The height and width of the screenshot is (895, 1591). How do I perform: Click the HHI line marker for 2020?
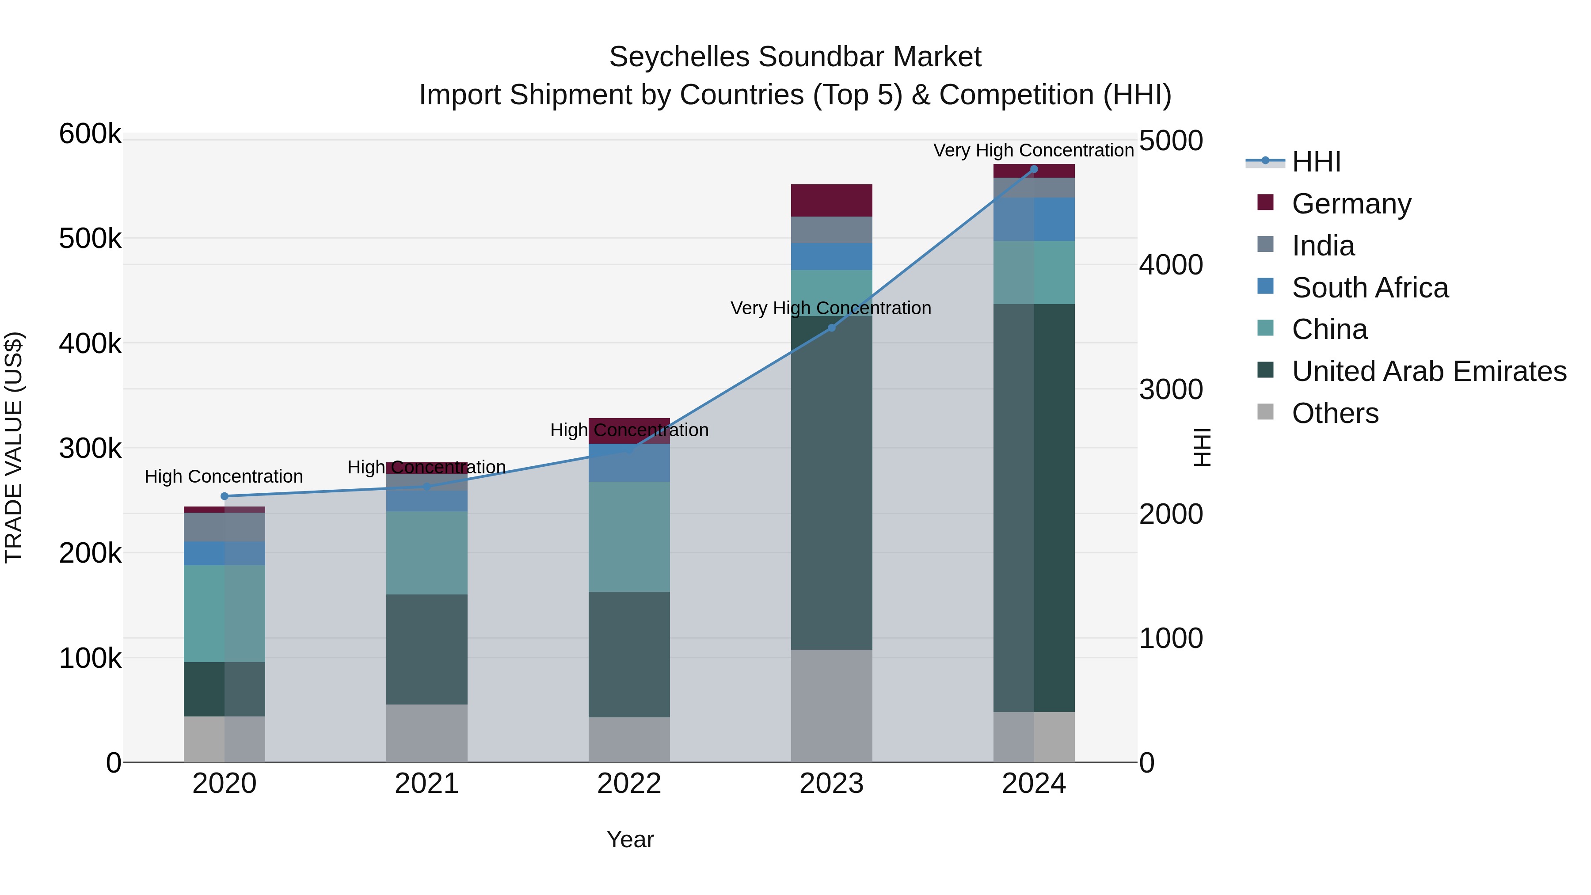point(224,496)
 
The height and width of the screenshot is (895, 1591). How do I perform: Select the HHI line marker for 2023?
point(831,328)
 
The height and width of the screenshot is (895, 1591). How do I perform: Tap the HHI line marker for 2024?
point(1034,169)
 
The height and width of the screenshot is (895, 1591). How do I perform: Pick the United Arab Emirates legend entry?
point(1428,371)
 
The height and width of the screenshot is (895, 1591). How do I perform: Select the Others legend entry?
point(1335,413)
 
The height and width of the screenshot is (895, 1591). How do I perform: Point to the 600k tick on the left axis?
point(90,134)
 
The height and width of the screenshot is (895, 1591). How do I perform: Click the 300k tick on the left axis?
point(90,449)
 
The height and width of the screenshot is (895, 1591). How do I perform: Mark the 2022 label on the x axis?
point(629,784)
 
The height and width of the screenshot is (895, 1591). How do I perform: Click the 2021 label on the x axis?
point(427,784)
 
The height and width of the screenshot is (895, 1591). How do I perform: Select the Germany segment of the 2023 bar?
point(831,200)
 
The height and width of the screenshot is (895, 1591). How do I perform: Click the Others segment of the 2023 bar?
point(831,705)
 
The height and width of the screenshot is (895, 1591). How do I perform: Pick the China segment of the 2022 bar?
point(629,536)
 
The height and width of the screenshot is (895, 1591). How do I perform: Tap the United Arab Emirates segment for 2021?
point(427,649)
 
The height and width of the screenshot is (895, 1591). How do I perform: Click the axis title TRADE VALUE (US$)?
point(14,447)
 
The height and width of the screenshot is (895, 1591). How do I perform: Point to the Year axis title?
point(630,839)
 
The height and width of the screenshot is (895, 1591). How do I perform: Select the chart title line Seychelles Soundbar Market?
point(795,57)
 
